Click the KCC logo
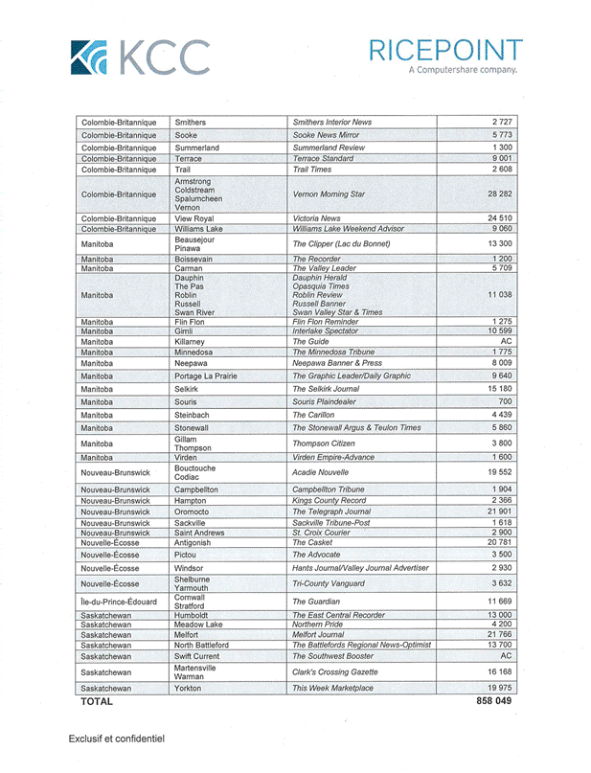140,57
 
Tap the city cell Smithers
190,123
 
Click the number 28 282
499,193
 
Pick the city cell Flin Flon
190,322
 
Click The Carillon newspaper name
313,415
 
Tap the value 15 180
499,389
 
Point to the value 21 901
499,512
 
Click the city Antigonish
195,542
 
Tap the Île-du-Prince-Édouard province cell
118,602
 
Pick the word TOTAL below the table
97,701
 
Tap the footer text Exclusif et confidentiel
116,739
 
